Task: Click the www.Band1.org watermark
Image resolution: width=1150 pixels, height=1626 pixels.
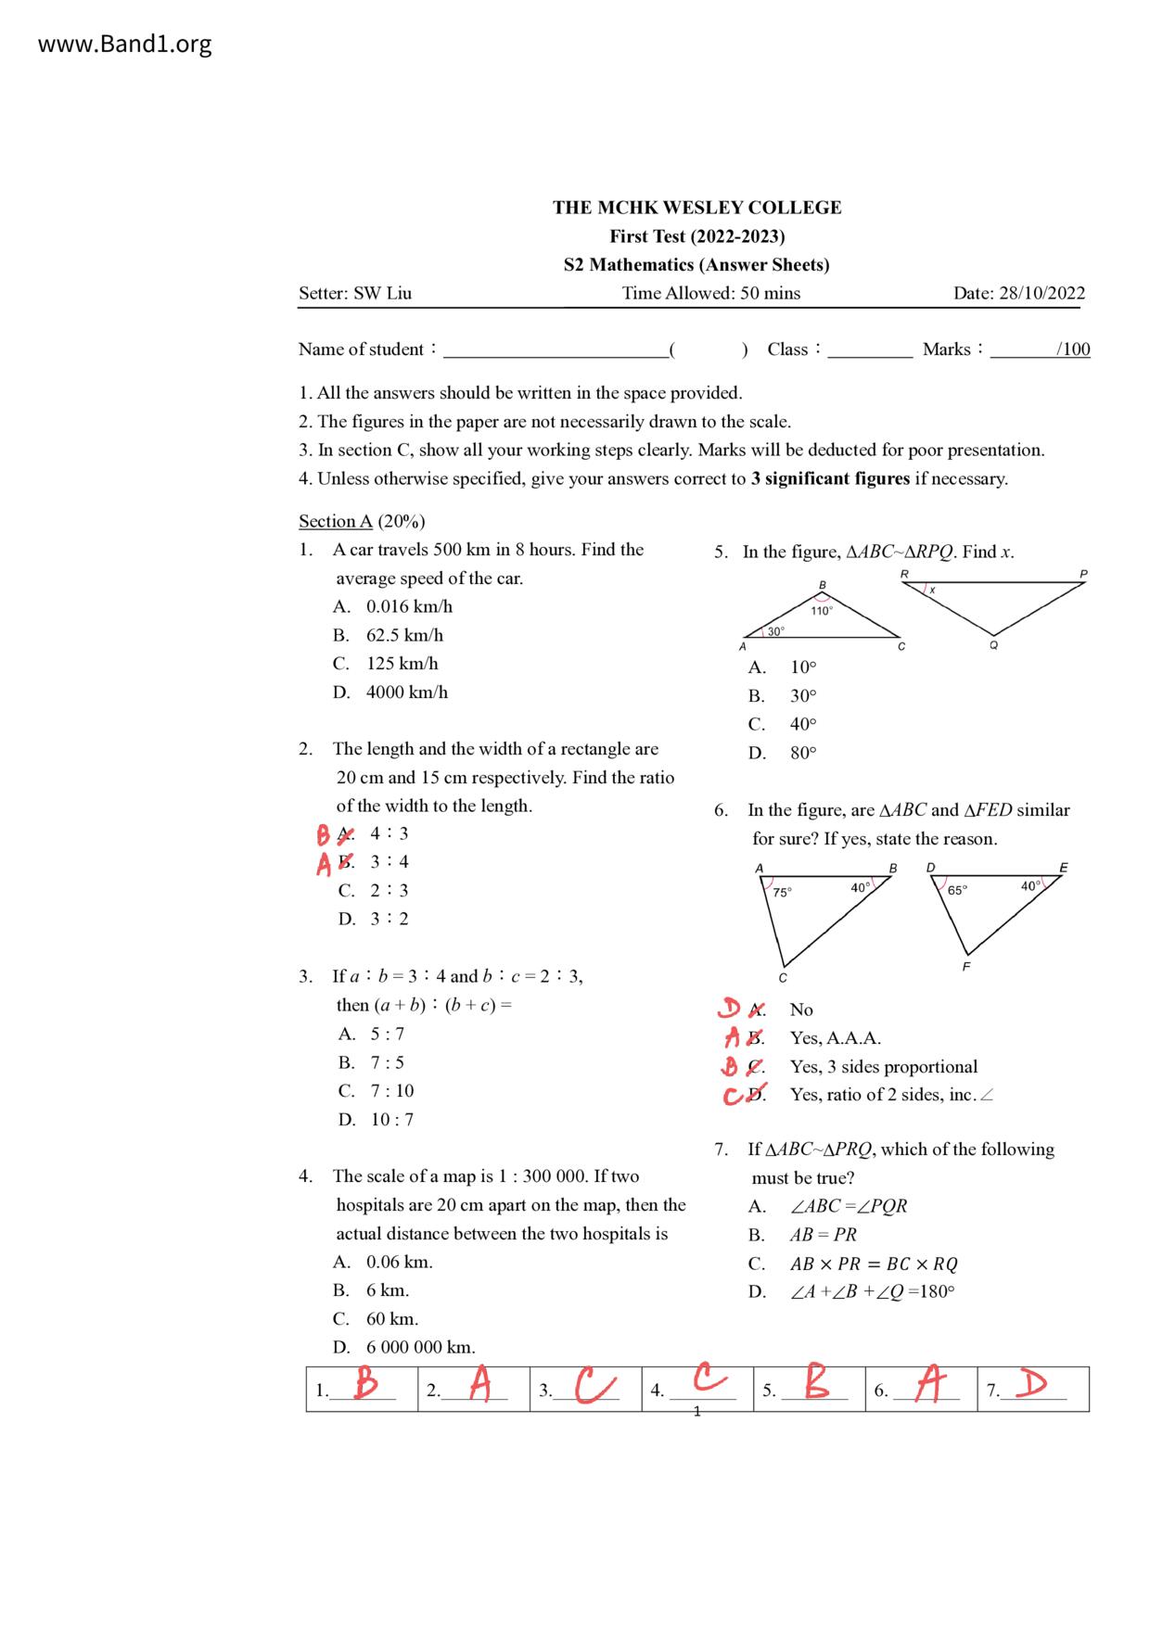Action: point(124,44)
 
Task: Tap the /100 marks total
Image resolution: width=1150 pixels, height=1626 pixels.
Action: point(1073,349)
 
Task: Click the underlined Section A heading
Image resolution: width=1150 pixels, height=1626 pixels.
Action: point(335,521)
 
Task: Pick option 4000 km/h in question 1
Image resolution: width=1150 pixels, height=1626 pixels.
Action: point(406,692)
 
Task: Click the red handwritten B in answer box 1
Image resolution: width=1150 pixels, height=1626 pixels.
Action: point(366,1385)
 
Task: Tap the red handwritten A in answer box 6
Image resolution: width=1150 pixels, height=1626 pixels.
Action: point(929,1385)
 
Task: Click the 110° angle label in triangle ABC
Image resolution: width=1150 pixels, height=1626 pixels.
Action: point(822,611)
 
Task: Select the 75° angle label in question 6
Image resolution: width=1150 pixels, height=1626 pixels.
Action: point(782,893)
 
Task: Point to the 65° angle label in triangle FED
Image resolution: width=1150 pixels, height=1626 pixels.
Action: point(957,891)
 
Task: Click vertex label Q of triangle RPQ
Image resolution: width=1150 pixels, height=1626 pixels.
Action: point(993,646)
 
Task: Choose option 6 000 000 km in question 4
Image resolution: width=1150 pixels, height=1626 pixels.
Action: point(420,1347)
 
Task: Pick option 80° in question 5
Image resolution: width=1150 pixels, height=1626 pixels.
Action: point(803,753)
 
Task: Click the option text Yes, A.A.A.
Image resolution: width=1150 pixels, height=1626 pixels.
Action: point(835,1038)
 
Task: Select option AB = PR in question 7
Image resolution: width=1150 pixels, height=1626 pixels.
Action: point(823,1235)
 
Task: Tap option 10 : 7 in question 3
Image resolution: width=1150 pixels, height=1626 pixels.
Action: point(392,1120)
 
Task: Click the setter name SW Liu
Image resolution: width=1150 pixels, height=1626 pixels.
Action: point(382,293)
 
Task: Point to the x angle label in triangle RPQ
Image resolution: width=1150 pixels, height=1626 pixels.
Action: point(932,591)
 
